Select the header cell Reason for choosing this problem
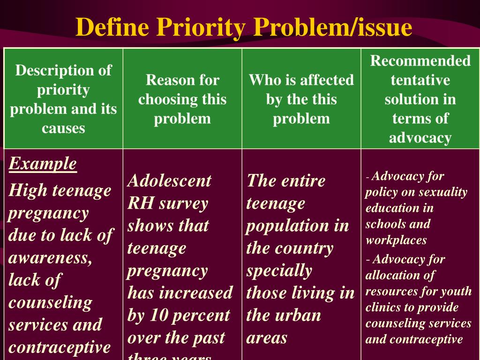pyautogui.click(x=182, y=99)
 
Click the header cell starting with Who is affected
pyautogui.click(x=301, y=99)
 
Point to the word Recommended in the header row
pyautogui.click(x=420, y=61)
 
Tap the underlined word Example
pyautogui.click(x=43, y=164)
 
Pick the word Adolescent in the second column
pyautogui.click(x=169, y=180)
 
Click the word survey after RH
pyautogui.click(x=183, y=203)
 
